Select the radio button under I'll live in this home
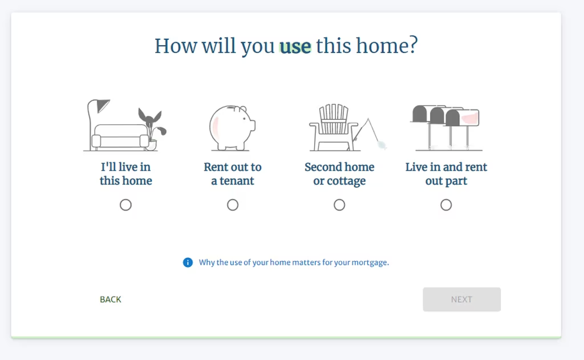[125, 205]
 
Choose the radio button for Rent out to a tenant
[233, 205]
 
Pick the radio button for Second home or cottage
[339, 205]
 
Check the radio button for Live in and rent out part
[446, 205]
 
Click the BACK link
[111, 300]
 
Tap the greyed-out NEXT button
[461, 300]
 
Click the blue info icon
[188, 262]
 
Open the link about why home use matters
[294, 262]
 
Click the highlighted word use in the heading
[295, 47]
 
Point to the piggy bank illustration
[232, 127]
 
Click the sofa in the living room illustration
[120, 137]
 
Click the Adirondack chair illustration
[333, 127]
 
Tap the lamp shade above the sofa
[103, 105]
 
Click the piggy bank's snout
[253, 125]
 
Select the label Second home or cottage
[339, 173]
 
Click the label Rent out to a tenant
[233, 173]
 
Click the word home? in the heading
[387, 46]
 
